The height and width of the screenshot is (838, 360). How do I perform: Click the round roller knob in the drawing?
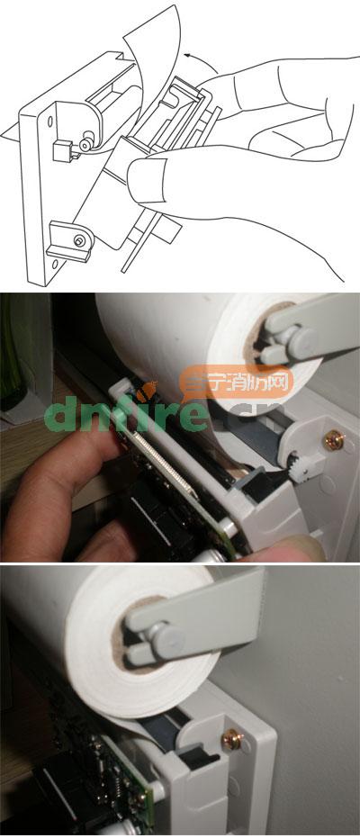[x=85, y=145]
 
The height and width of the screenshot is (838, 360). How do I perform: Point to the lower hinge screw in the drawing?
[x=80, y=240]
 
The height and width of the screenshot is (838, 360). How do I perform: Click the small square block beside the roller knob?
[x=62, y=150]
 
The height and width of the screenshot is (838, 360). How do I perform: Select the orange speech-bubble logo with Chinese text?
[x=237, y=383]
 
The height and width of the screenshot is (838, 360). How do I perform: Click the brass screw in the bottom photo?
[x=233, y=738]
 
